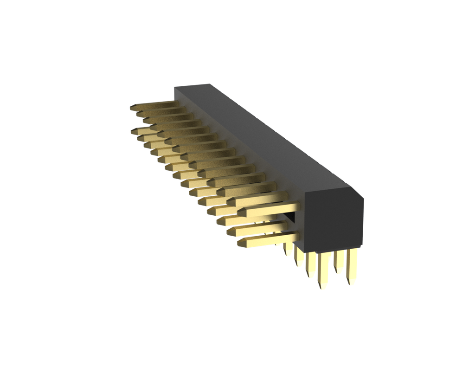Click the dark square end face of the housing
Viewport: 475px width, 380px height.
pyautogui.click(x=333, y=220)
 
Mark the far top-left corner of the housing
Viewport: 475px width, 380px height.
pyautogui.click(x=174, y=87)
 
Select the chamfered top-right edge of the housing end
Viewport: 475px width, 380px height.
pyautogui.click(x=357, y=193)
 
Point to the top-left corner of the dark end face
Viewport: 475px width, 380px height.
pyautogui.click(x=305, y=192)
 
